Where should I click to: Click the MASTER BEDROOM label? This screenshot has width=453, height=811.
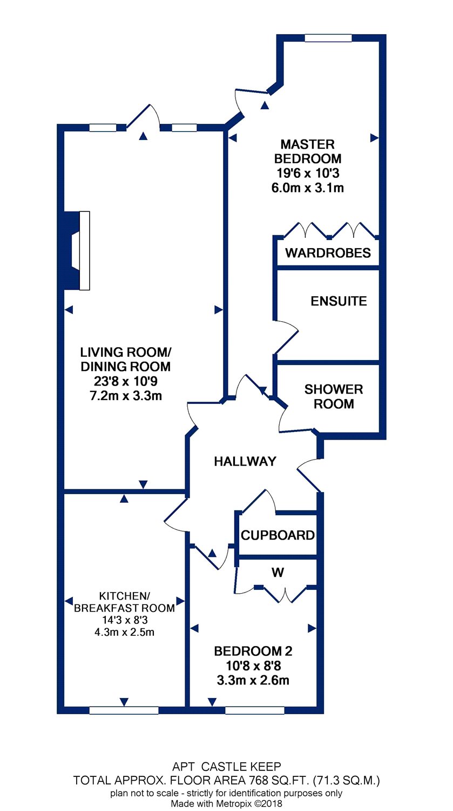point(308,151)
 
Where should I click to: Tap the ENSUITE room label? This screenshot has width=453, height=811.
point(339,301)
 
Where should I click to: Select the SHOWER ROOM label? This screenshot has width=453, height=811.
point(334,396)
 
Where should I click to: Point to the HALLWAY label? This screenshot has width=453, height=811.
point(245,461)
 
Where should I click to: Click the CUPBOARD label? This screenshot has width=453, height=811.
point(278,535)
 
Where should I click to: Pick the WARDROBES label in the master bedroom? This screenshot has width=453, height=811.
point(328,252)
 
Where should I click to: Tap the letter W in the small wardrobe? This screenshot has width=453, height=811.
point(278,573)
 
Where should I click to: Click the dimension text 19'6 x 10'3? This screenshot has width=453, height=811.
point(308,173)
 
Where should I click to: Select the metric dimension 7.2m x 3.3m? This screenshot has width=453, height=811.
point(125,396)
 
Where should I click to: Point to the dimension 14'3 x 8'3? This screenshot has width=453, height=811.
point(125,620)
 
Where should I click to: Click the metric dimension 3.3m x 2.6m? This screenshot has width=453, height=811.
point(253,680)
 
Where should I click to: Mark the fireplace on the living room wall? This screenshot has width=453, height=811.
point(77,250)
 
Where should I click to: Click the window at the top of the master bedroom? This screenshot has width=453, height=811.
point(328,38)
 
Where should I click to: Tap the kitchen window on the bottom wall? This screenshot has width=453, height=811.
point(124,710)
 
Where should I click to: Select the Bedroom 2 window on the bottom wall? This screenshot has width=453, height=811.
point(254,710)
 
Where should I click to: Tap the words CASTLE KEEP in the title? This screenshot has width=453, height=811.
point(241,767)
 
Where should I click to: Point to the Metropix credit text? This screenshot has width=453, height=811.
point(226,804)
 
